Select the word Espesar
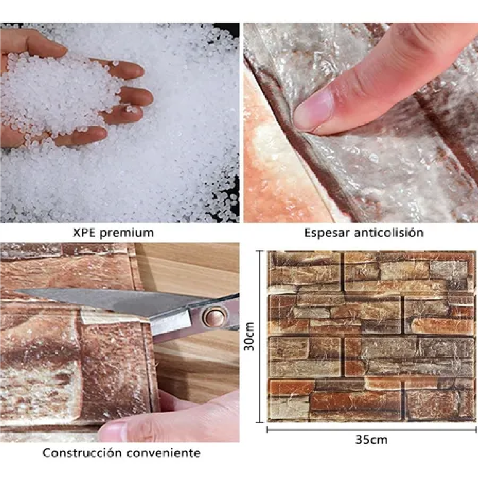(327, 233)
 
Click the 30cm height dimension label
(249, 336)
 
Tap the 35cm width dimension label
(371, 440)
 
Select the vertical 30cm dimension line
(260, 337)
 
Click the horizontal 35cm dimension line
(372, 429)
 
